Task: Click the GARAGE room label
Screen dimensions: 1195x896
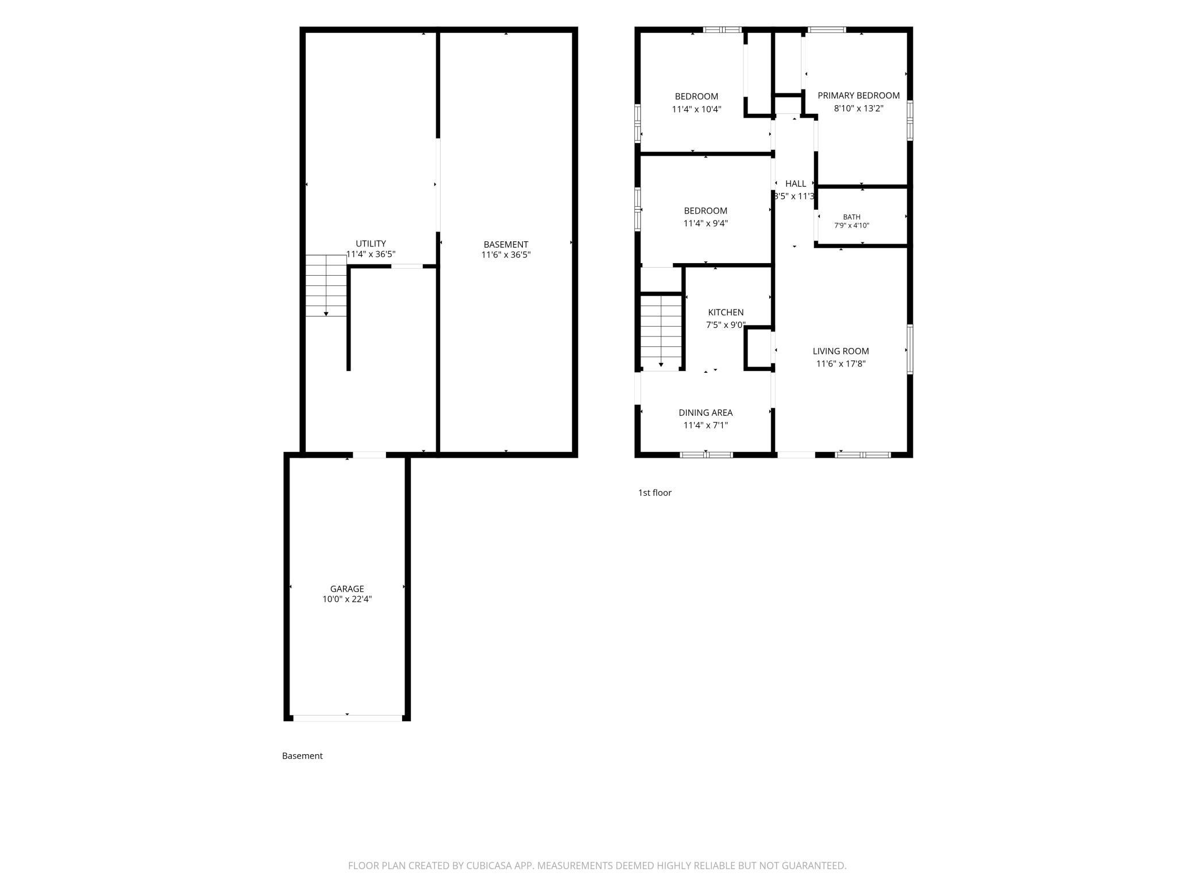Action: [347, 589]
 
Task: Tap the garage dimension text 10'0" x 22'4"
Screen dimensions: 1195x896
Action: [347, 599]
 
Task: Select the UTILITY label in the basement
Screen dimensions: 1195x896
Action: [371, 244]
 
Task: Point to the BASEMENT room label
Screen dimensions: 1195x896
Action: [506, 244]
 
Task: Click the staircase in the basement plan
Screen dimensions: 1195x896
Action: [326, 285]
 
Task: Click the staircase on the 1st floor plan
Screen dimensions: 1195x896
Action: [661, 332]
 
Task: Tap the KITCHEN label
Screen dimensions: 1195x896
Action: [726, 312]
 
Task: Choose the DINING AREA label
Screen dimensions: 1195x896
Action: [706, 412]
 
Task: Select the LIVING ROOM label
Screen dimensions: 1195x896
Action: [841, 351]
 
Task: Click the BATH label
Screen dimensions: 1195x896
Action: [851, 217]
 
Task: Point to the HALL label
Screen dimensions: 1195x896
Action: [796, 184]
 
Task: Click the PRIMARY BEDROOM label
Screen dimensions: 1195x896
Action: [858, 95]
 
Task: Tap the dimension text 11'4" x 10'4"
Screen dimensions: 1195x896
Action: [696, 109]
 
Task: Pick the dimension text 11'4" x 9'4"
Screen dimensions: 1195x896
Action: [706, 223]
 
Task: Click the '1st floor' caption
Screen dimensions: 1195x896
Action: [655, 493]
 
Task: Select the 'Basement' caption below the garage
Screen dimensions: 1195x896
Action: [302, 756]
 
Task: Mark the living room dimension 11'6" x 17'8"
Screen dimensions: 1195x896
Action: [841, 364]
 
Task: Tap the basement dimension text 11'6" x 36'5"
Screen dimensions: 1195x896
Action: [506, 255]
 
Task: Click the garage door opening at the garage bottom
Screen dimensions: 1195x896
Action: [348, 718]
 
